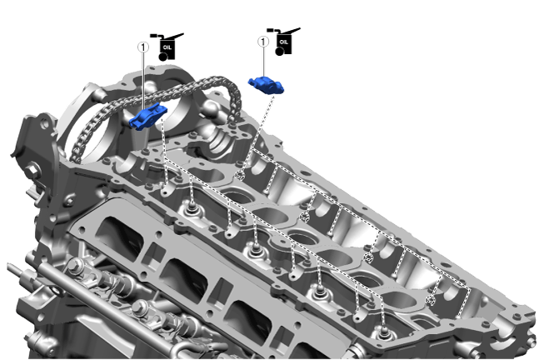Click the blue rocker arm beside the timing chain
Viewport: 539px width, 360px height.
pyautogui.click(x=147, y=116)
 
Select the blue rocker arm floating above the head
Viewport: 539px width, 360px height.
pyautogui.click(x=267, y=85)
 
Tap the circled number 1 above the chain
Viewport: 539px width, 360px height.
pyautogui.click(x=143, y=47)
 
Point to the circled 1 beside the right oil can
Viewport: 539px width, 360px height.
pyautogui.click(x=263, y=42)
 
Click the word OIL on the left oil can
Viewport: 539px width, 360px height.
pyautogui.click(x=167, y=47)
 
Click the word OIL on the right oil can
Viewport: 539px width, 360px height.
pyautogui.click(x=284, y=42)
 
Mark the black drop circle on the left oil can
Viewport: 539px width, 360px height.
pyautogui.click(x=163, y=57)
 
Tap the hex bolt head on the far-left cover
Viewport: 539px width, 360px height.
pyautogui.click(x=32, y=170)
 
